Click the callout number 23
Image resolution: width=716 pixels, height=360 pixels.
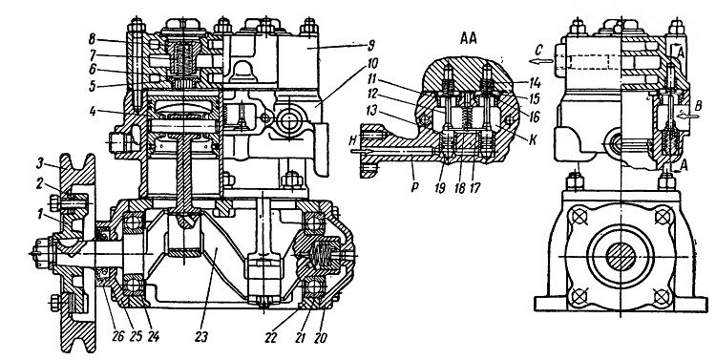[x=200, y=338]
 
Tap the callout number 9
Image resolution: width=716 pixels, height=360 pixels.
[x=370, y=45]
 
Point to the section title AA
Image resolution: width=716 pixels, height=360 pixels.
[x=468, y=39]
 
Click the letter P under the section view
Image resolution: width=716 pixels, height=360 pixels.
[x=414, y=188]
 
